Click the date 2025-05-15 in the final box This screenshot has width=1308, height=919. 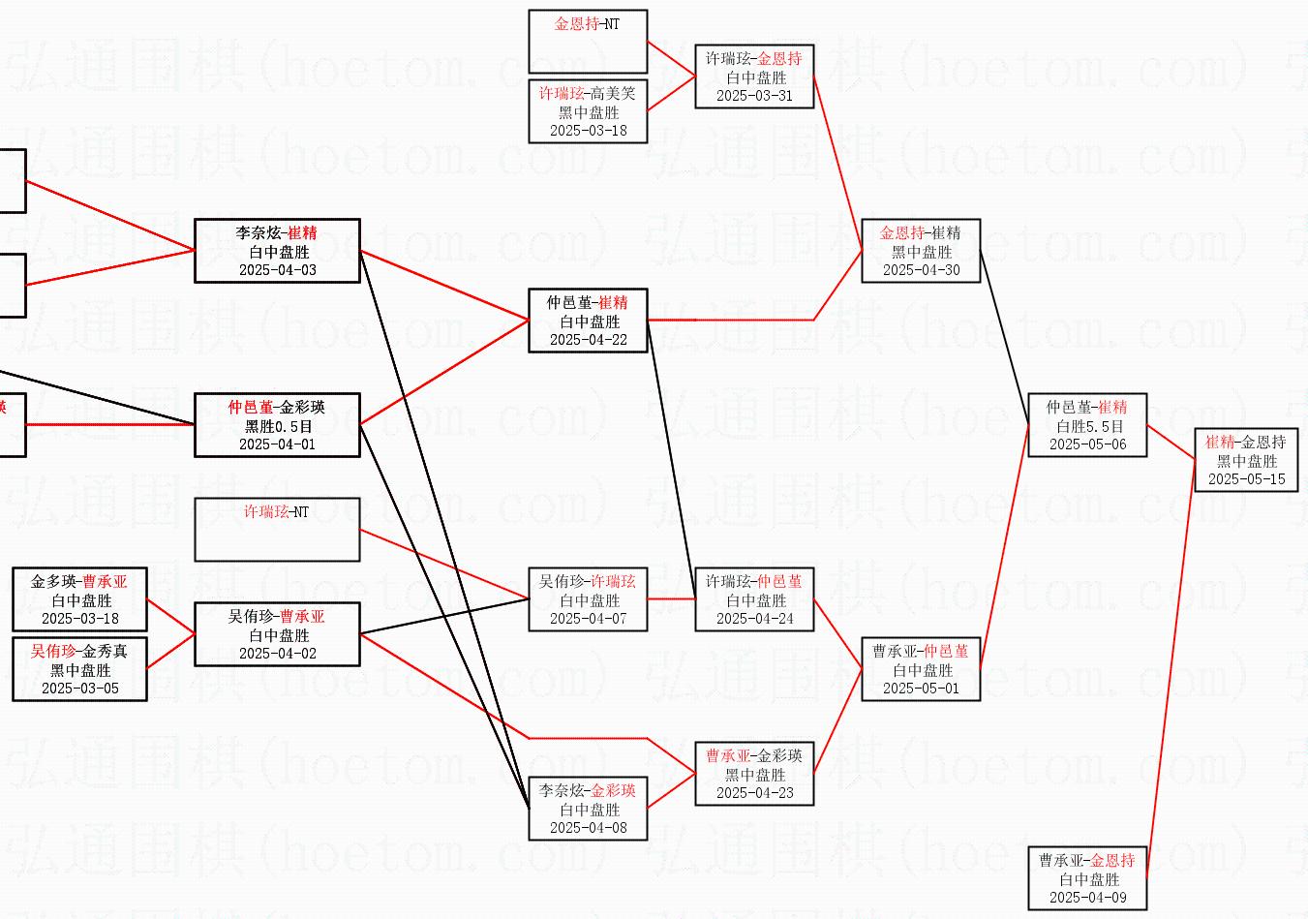click(x=1246, y=479)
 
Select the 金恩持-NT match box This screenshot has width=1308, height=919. click(x=588, y=41)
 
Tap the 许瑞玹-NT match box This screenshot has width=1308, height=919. click(x=277, y=530)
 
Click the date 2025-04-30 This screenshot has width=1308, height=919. click(x=921, y=270)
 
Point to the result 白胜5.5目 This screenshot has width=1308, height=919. click(x=1087, y=426)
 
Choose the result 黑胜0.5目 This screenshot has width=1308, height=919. click(x=277, y=426)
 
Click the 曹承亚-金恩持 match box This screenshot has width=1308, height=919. click(x=1087, y=878)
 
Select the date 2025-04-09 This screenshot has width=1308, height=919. click(x=1087, y=898)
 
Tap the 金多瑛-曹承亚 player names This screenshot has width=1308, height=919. click(x=79, y=582)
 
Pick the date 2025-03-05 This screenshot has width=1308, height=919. click(x=79, y=689)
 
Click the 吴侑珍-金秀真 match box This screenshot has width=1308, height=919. click(x=79, y=669)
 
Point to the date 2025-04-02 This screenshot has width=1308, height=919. click(x=277, y=654)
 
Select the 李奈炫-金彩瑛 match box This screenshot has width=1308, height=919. click(x=588, y=809)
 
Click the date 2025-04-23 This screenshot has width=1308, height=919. click(x=754, y=793)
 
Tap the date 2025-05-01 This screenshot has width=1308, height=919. click(x=921, y=689)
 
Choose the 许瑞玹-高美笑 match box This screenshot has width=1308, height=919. click(x=588, y=111)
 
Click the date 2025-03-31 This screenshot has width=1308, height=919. click(x=754, y=96)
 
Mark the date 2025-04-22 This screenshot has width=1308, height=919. click(x=588, y=340)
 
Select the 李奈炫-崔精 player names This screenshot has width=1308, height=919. click(x=277, y=233)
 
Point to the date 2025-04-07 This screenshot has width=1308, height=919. click(x=588, y=619)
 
